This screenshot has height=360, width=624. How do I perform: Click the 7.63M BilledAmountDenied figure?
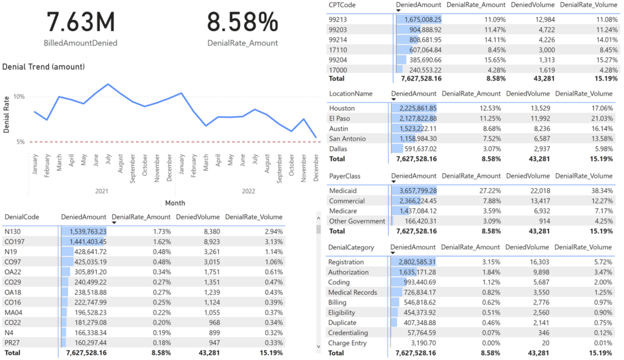[x=81, y=22]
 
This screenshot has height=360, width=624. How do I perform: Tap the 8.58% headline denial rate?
[x=243, y=22]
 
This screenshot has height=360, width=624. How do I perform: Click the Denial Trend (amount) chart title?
[x=43, y=67]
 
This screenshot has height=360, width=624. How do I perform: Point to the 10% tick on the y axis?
[x=19, y=96]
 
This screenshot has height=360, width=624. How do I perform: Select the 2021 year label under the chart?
[x=102, y=191]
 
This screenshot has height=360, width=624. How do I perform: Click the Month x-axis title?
[x=175, y=203]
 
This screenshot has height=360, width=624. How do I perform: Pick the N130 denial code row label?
[x=12, y=231]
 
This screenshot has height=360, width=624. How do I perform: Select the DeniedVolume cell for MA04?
[x=211, y=312]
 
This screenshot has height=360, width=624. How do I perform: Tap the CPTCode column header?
[x=342, y=5]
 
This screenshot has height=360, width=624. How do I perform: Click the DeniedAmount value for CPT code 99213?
[x=423, y=19]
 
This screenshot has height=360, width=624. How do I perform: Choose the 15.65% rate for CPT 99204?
[x=495, y=60]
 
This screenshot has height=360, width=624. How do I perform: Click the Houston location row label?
[x=342, y=108]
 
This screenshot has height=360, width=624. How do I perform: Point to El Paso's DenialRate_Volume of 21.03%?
[x=602, y=118]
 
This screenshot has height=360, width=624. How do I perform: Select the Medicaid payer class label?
[x=342, y=191]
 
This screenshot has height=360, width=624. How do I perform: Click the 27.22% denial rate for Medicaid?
[x=491, y=191]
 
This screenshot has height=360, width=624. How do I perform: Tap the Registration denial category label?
[x=346, y=262]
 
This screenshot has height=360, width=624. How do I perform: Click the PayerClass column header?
[x=345, y=176]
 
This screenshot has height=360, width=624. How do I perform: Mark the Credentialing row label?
[x=348, y=333]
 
